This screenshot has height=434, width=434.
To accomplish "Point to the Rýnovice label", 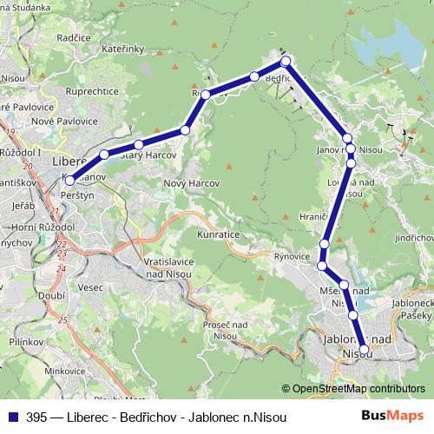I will pyautogui.click(x=292, y=256).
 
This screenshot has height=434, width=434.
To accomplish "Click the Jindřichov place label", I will pyautogui.click(x=414, y=237).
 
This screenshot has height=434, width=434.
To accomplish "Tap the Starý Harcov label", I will pyautogui.click(x=148, y=155).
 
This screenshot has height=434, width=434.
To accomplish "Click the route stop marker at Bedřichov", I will pyautogui.click(x=286, y=62).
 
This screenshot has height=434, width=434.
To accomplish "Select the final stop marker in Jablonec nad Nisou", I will pyautogui.click(x=364, y=351).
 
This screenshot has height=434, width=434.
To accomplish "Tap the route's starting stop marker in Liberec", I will pyautogui.click(x=69, y=181).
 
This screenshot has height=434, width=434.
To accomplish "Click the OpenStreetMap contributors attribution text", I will pyautogui.click(x=358, y=389).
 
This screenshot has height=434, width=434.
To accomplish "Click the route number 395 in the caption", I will pyautogui.click(x=37, y=417).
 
